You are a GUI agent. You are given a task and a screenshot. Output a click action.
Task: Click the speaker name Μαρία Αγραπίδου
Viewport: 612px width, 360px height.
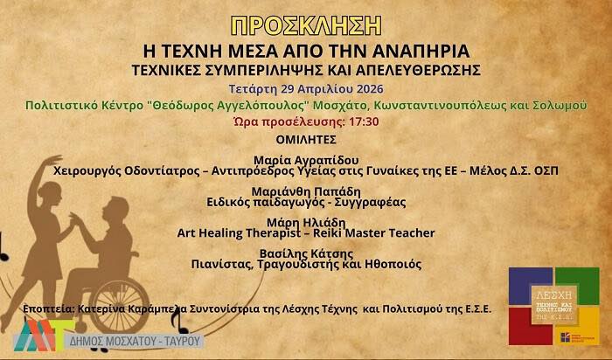pyautogui.click(x=305, y=160)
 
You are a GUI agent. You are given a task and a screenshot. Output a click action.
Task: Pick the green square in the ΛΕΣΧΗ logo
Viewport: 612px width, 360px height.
pyautogui.click(x=578, y=283)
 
